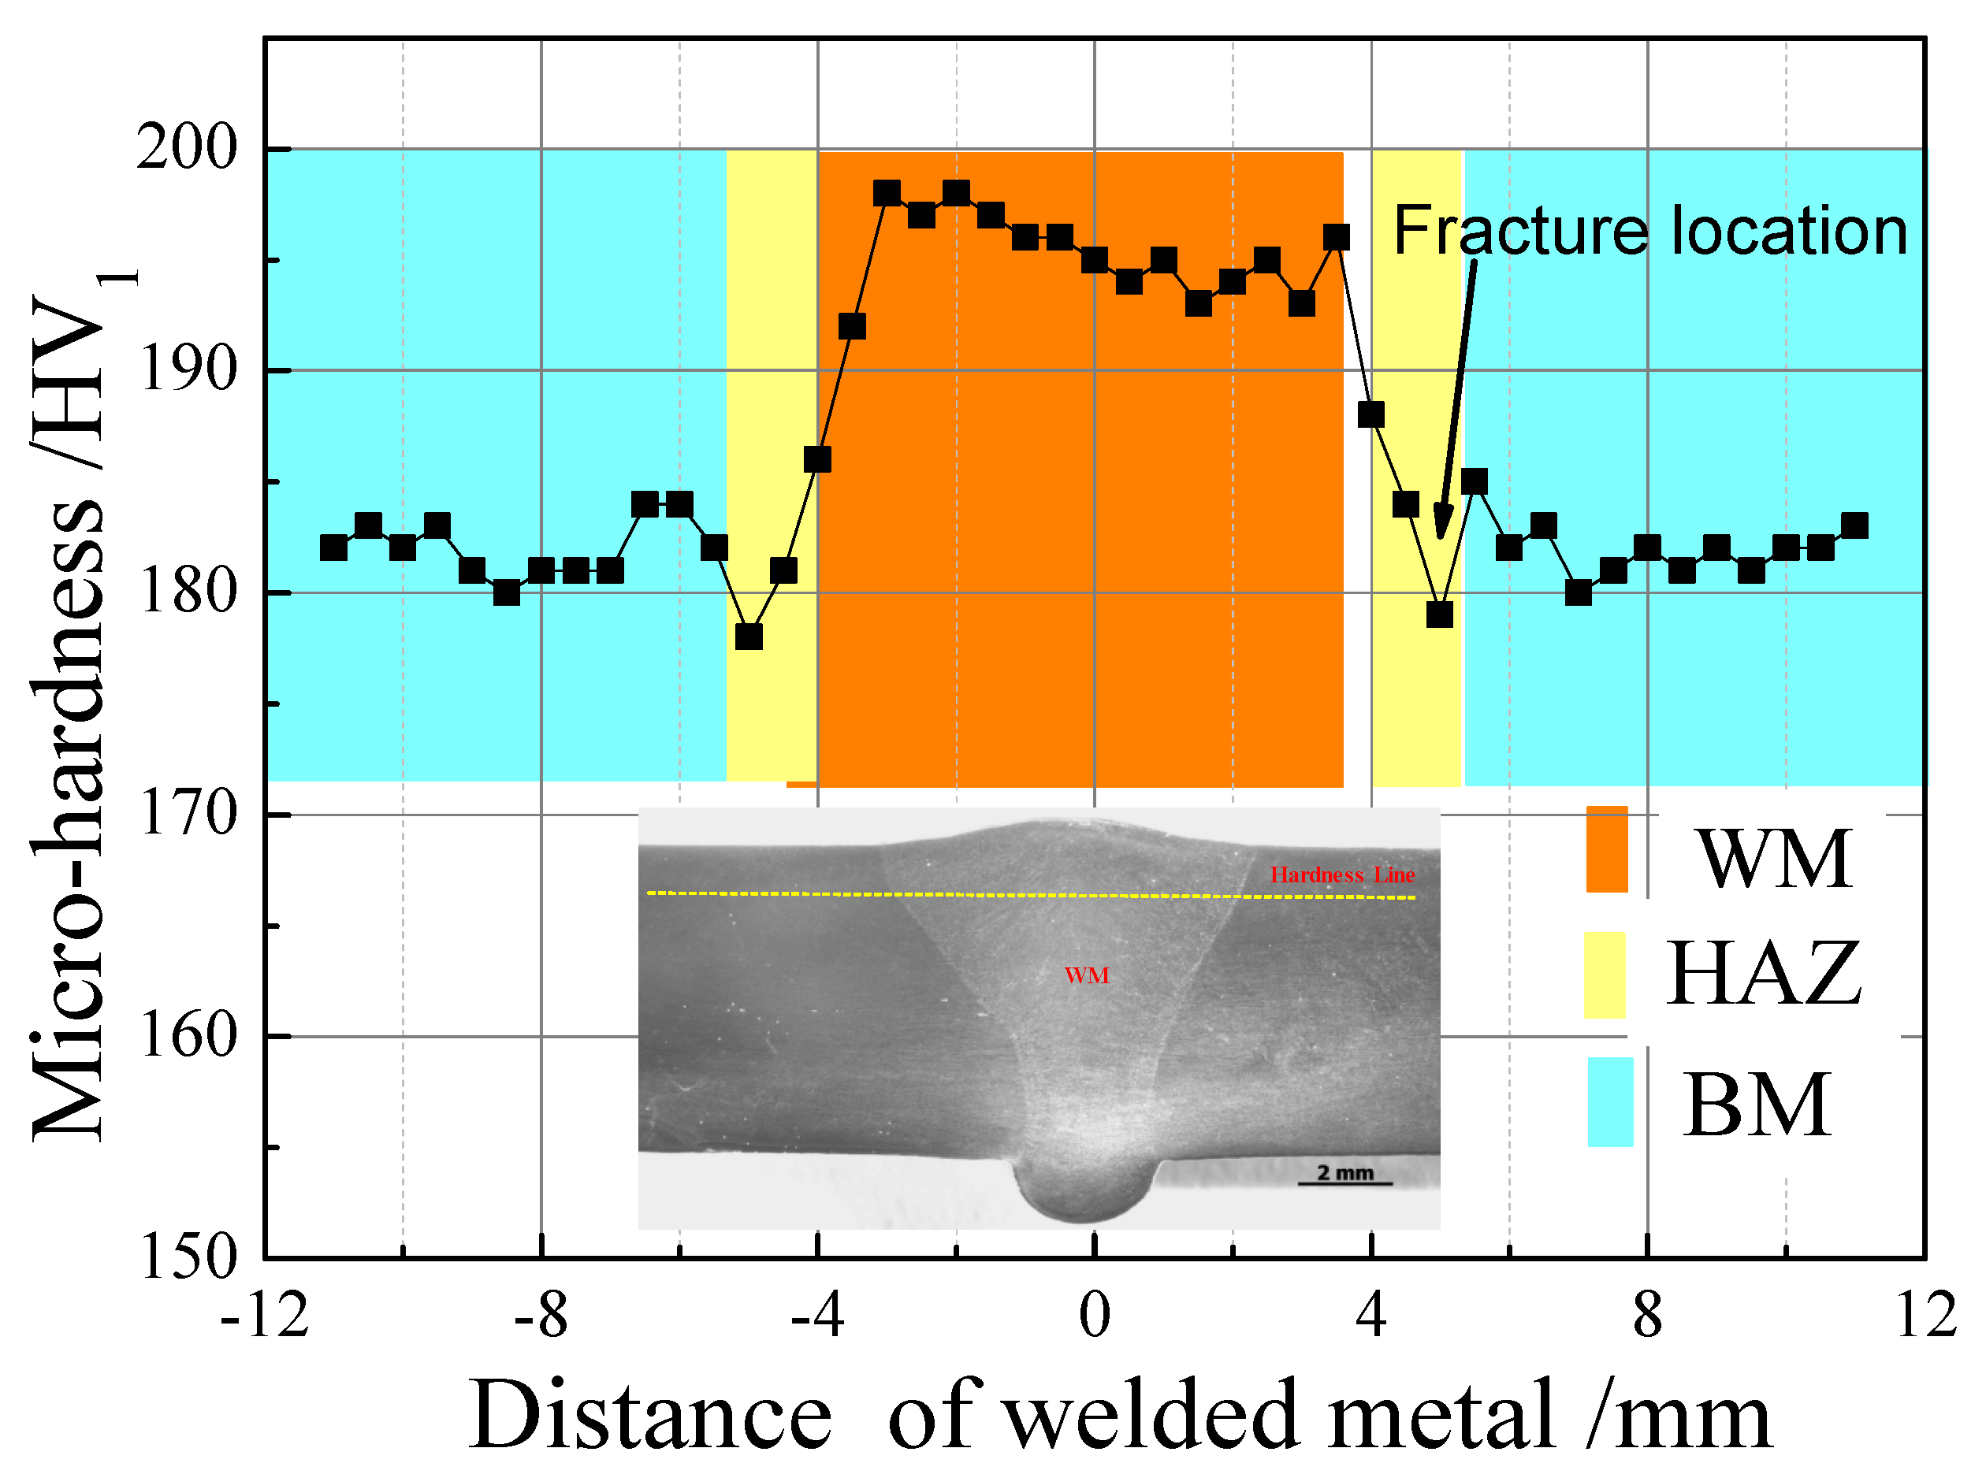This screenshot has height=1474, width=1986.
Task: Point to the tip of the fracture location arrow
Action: tap(1439, 538)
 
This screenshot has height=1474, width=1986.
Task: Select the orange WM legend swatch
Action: tap(1606, 848)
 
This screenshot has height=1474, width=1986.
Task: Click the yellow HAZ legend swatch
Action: tap(1604, 975)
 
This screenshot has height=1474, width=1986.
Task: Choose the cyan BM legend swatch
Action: tap(1609, 1102)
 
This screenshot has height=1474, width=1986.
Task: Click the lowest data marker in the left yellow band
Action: tap(748, 637)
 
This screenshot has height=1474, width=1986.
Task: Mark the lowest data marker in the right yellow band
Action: tap(1439, 614)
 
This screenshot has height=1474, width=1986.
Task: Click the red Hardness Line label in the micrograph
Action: tap(1341, 875)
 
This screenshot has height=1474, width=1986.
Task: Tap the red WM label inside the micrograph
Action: tap(1086, 975)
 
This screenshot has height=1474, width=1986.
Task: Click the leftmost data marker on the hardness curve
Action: tap(333, 548)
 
